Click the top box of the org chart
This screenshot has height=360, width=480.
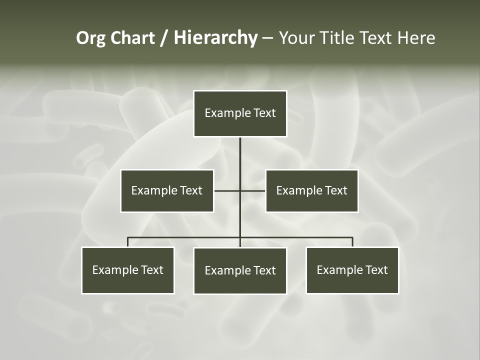pyautogui.click(x=240, y=113)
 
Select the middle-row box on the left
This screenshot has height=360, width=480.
pyautogui.click(x=167, y=190)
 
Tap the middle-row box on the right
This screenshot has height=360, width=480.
pyautogui.click(x=311, y=190)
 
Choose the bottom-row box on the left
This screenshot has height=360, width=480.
pyautogui.click(x=128, y=270)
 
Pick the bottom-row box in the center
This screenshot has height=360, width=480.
pyautogui.click(x=240, y=270)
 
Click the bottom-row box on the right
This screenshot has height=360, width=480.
pyautogui.click(x=352, y=270)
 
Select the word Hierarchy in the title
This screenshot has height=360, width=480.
pyautogui.click(x=215, y=38)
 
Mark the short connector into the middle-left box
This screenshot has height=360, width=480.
pyautogui.click(x=226, y=190)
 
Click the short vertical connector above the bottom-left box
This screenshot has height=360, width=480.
pyautogui.click(x=128, y=242)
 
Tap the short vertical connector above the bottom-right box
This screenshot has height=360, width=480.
pyautogui.click(x=352, y=242)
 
